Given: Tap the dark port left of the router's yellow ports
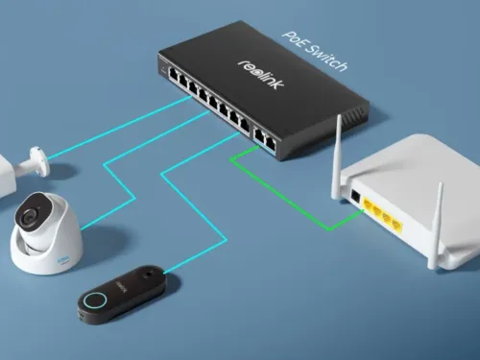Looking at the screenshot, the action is [355, 197].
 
